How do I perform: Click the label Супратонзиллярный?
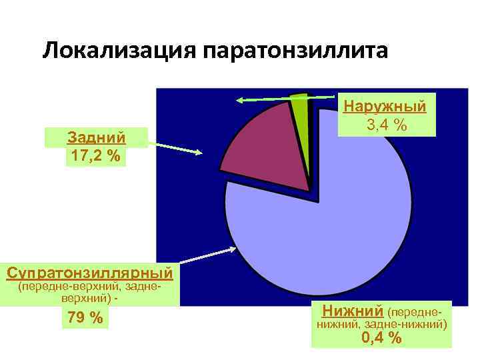(89, 273)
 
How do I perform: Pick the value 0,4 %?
(381, 338)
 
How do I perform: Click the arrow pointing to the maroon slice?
(175, 147)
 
